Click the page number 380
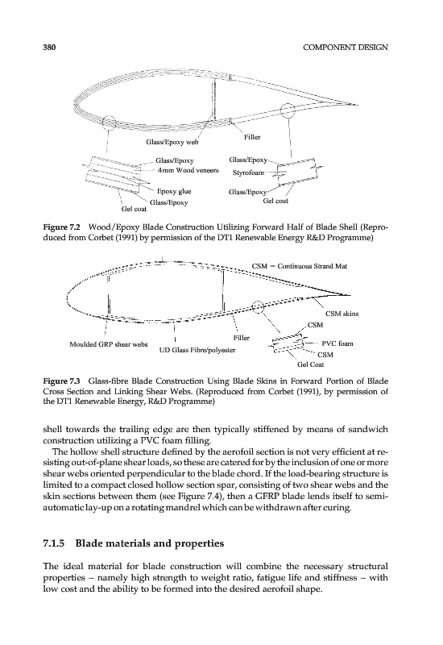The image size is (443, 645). (49, 47)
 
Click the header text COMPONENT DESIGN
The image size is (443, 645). (346, 47)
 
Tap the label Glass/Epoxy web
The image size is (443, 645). (172, 143)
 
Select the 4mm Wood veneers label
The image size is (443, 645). (188, 170)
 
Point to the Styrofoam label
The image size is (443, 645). (248, 173)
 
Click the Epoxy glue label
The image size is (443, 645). (174, 191)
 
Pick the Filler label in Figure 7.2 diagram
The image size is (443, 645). (252, 137)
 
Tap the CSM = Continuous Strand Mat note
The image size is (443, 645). (300, 266)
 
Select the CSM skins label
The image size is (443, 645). (342, 314)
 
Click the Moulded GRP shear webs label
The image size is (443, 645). (109, 344)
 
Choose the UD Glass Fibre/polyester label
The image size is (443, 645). (197, 350)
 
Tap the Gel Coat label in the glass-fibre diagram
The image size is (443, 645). (311, 364)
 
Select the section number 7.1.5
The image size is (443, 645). (54, 543)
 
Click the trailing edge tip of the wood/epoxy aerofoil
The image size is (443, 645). (357, 105)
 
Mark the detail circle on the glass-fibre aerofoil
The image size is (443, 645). (258, 306)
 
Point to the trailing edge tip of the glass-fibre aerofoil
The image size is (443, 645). (350, 295)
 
